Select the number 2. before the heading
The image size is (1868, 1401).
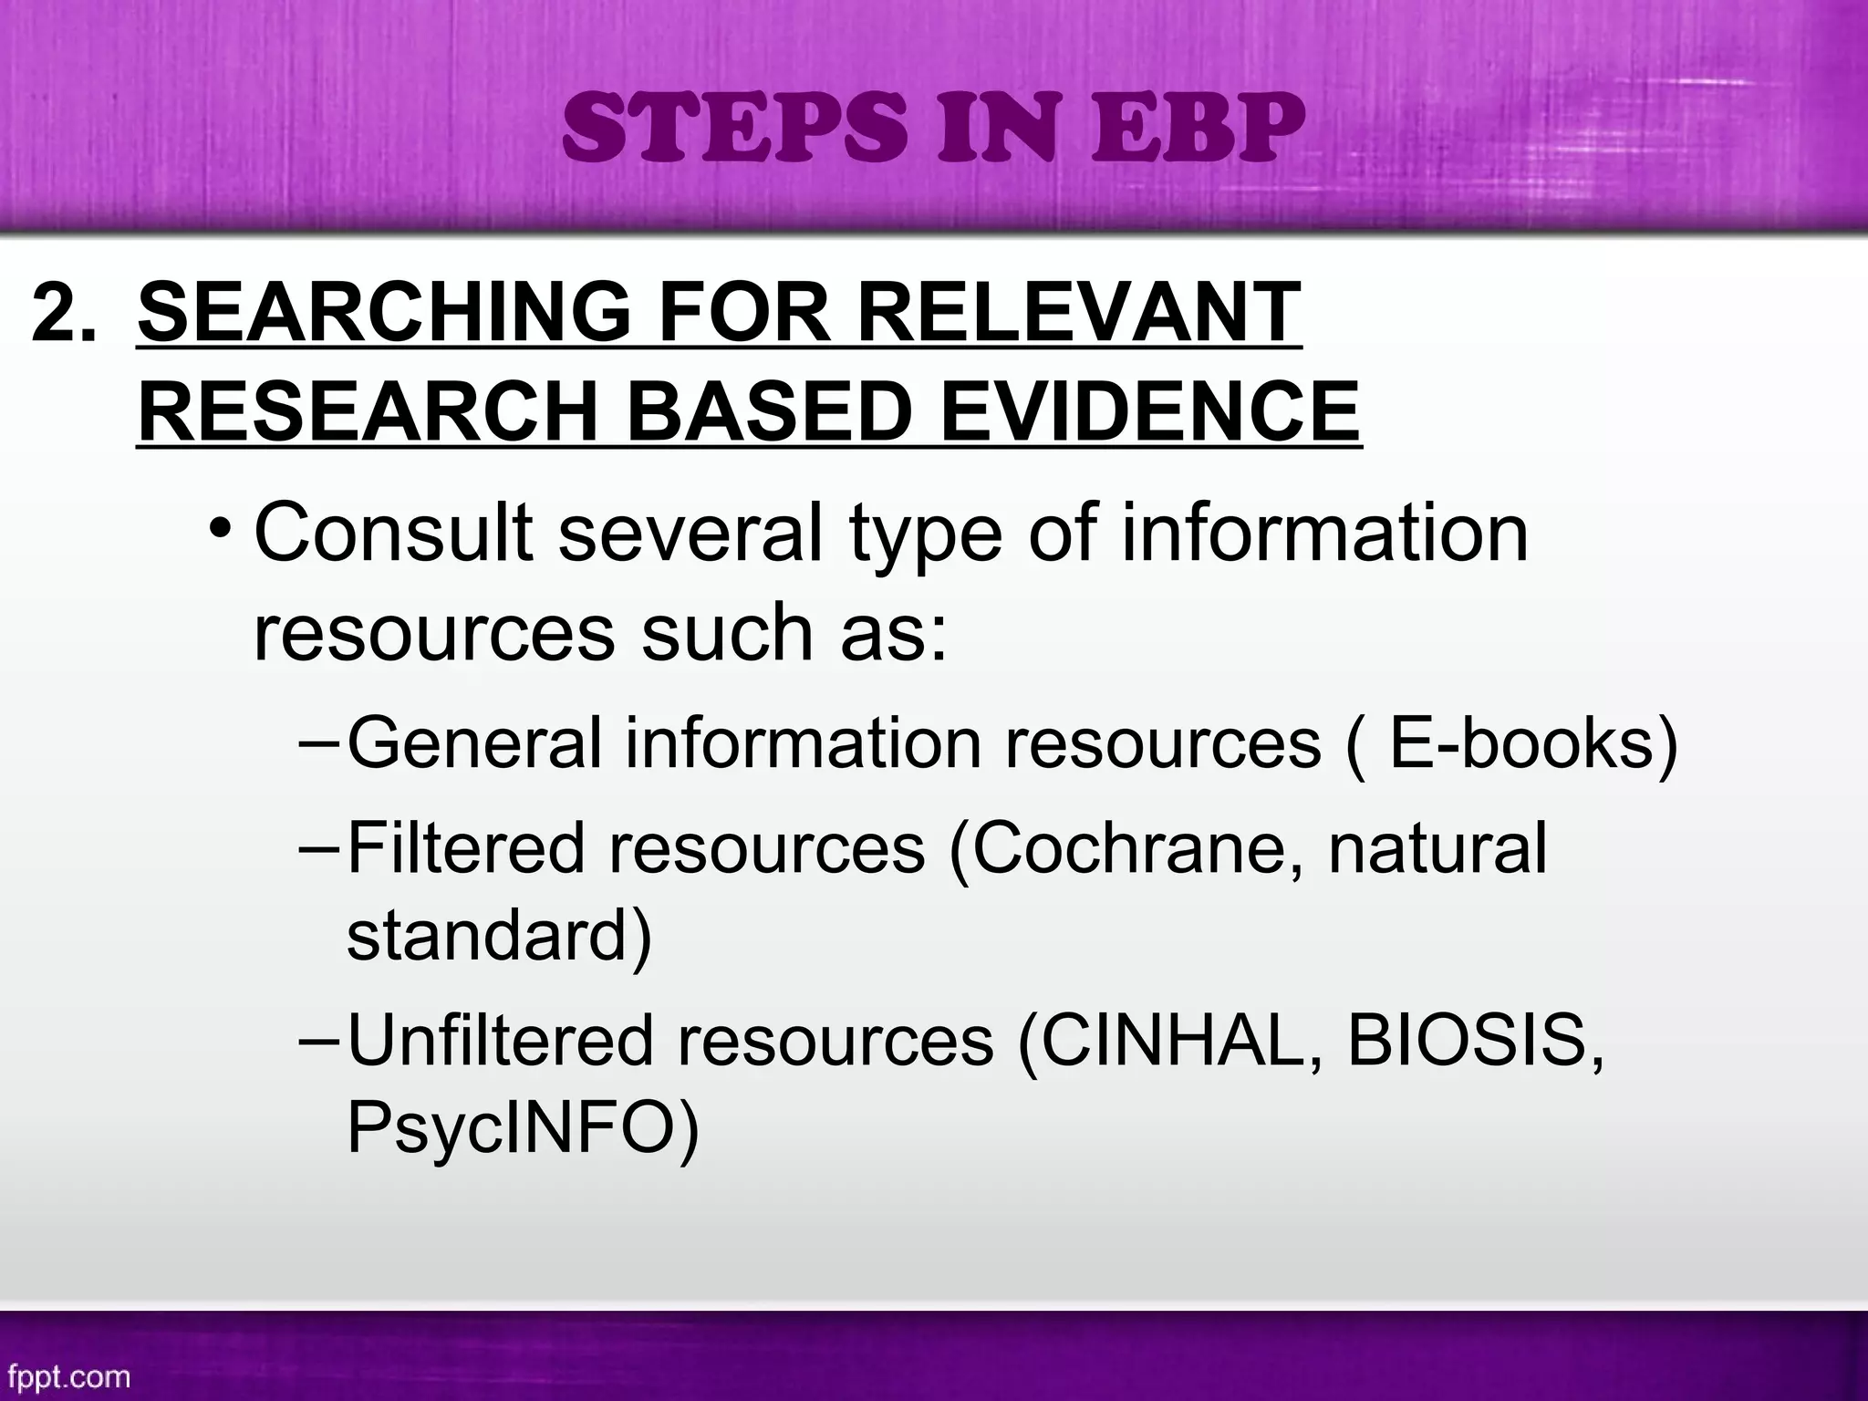click(63, 313)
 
